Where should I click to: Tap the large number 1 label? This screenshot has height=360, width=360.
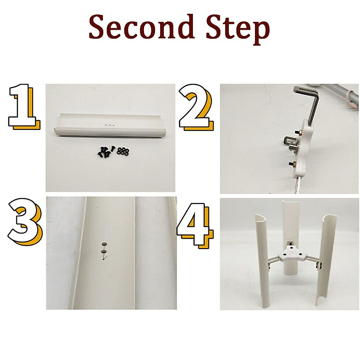pos(24,107)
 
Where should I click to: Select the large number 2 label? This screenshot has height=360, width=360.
pos(196,107)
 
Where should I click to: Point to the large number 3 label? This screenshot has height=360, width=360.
pos(25,222)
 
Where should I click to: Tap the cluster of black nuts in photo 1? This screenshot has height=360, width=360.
pos(123,151)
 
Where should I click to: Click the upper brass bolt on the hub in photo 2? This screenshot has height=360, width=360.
pos(298,132)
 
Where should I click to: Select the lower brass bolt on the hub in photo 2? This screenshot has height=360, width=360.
pos(293,163)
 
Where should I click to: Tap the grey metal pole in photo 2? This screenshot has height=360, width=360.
pos(336,95)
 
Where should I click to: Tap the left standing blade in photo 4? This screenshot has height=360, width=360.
pos(263,261)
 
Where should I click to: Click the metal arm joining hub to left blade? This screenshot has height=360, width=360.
pos(274,261)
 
